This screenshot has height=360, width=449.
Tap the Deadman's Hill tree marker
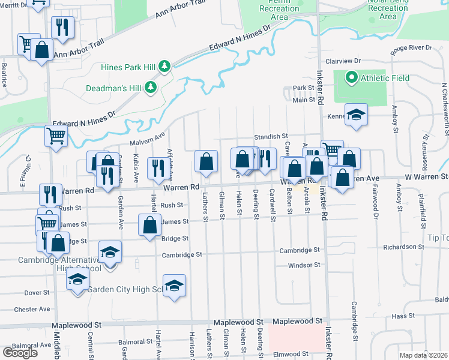[x=151, y=88]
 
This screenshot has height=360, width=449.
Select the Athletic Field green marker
[x=351, y=77]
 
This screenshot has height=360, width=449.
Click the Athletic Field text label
[x=385, y=78]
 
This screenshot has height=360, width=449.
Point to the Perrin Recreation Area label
[x=279, y=9]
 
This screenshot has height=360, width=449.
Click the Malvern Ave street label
[x=147, y=139]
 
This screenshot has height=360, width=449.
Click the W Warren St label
[x=426, y=176]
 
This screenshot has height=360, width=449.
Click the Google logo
[x=20, y=352]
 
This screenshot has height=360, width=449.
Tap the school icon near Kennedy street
[x=356, y=115]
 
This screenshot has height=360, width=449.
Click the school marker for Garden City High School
[x=174, y=286]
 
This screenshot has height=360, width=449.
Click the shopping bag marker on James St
[x=150, y=225]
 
